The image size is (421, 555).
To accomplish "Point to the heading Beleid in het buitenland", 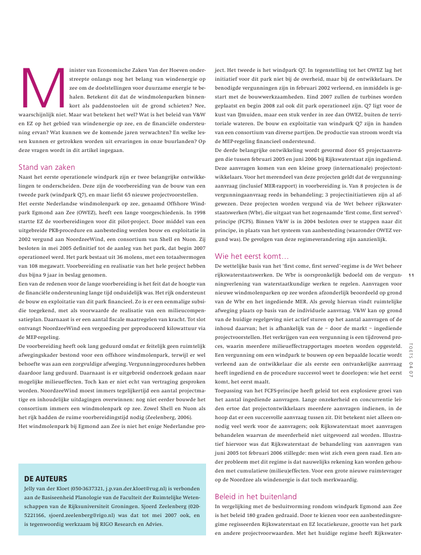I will [255, 496].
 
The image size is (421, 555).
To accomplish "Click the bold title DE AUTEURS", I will [46, 478].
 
